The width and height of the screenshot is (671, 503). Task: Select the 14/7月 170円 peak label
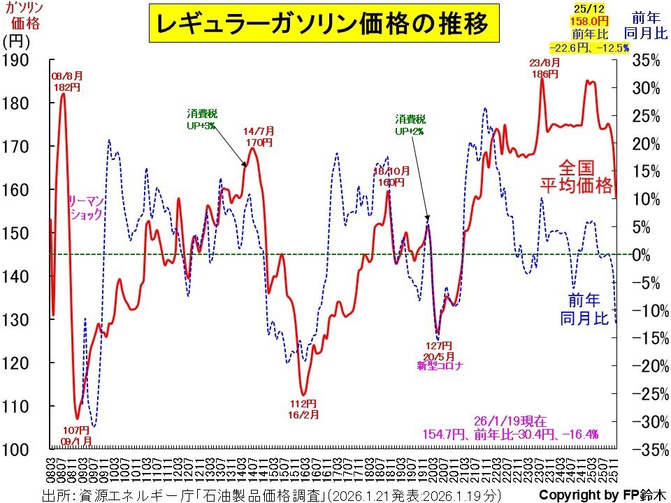point(258,137)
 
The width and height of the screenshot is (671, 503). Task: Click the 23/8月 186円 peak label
point(544,67)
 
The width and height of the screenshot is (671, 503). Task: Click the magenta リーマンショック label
point(85,209)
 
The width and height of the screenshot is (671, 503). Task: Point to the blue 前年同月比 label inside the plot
point(584,309)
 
